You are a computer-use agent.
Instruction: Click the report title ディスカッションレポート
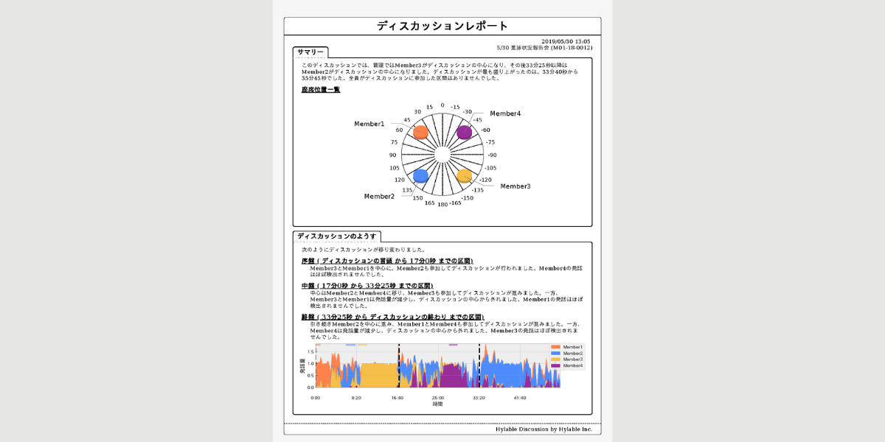(442, 26)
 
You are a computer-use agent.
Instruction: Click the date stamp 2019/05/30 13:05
(566, 41)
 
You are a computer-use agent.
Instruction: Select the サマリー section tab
(310, 52)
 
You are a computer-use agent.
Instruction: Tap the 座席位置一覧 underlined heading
(321, 89)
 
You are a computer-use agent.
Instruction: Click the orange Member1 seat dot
(420, 132)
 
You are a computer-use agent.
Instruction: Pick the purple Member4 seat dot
(464, 132)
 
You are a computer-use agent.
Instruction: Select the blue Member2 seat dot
(420, 175)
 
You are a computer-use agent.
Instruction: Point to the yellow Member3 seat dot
(464, 175)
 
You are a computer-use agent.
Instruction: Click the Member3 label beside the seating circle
(515, 186)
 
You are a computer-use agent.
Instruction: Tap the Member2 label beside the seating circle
(379, 197)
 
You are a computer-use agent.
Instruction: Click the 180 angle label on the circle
(442, 204)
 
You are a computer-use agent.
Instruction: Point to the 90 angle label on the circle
(393, 155)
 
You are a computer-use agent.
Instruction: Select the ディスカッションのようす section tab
(336, 236)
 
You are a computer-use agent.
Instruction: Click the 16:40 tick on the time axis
(397, 398)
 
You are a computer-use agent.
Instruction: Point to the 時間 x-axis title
(437, 404)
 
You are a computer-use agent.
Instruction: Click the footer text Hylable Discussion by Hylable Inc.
(544, 429)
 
